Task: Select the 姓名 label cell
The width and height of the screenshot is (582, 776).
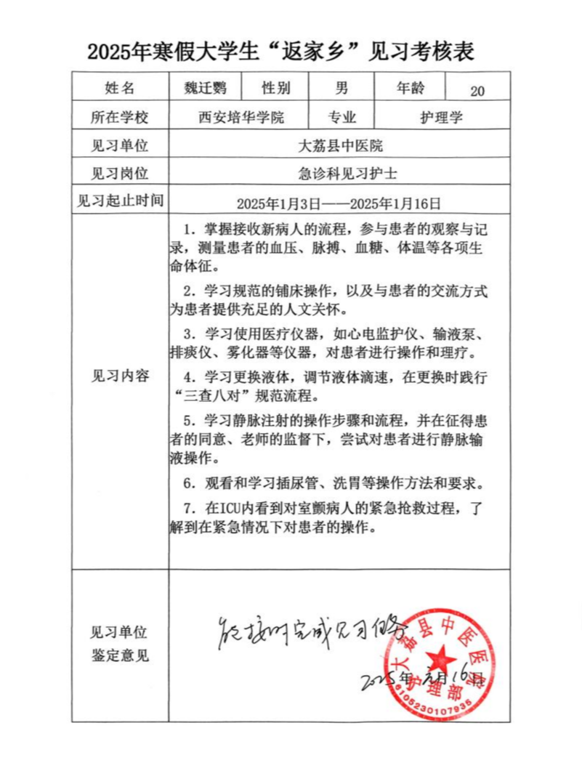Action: [x=120, y=89]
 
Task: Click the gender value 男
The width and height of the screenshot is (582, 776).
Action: [x=341, y=89]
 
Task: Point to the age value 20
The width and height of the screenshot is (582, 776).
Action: [x=477, y=91]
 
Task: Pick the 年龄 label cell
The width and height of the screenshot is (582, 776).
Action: [x=411, y=89]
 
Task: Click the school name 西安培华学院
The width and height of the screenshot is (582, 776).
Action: [x=241, y=117]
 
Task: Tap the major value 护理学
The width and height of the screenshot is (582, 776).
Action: [x=441, y=117]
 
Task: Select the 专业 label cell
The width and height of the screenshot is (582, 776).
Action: [x=342, y=117]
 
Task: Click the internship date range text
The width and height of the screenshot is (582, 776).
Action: [x=339, y=203]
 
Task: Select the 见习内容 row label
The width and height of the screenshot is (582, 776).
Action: [x=120, y=376]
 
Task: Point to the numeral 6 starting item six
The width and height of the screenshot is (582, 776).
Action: [x=187, y=483]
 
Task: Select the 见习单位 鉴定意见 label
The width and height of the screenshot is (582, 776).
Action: [x=120, y=643]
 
